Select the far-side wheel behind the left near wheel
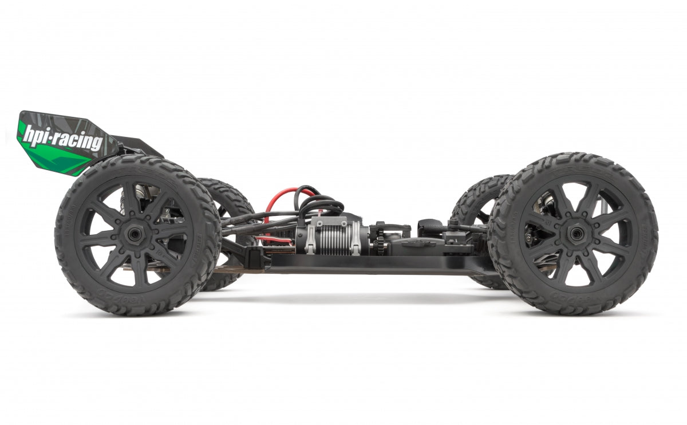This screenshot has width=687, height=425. tap(229, 200)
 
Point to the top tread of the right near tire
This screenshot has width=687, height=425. tap(572, 161)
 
